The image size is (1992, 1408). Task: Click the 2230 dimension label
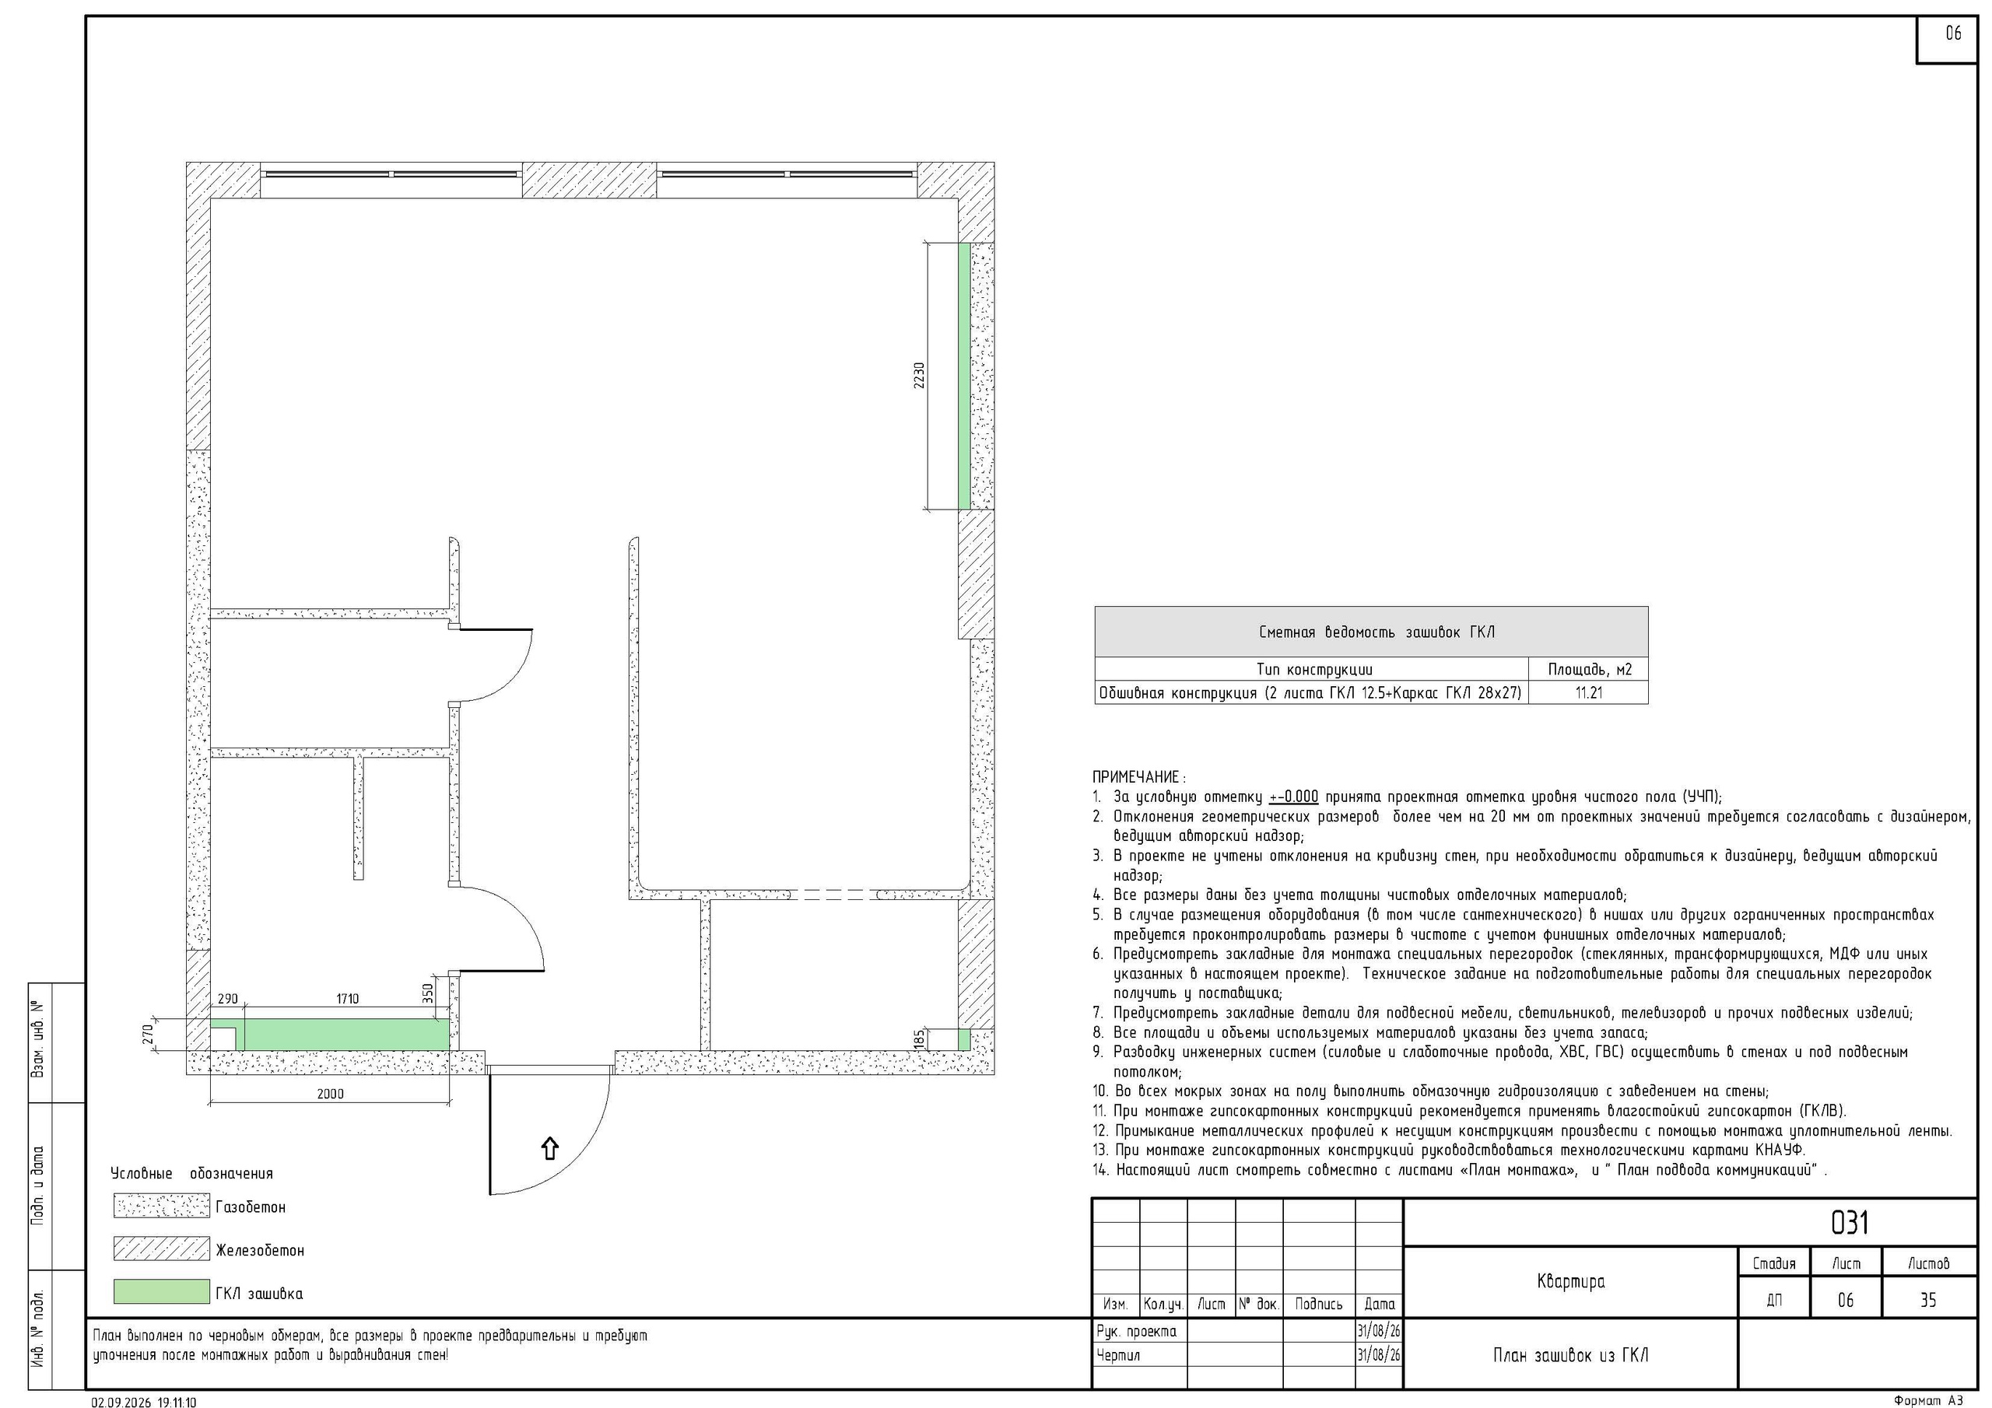919,375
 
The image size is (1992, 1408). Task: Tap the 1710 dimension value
347,1000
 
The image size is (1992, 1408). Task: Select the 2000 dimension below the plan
330,1094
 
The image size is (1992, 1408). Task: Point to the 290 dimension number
227,1000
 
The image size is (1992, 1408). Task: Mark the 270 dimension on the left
148,1034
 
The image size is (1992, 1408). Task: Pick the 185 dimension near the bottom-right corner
919,1039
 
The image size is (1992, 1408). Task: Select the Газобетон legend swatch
161,1206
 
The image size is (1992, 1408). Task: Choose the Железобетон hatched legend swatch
161,1249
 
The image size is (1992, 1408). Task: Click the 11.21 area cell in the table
1589,692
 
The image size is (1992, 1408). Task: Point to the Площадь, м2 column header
1590,669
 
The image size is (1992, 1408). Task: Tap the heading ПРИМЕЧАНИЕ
1138,776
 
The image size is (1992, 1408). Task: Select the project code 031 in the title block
1849,1222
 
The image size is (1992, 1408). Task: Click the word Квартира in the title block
1570,1281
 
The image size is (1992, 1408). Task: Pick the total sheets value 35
1927,1301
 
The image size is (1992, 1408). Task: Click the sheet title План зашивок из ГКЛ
1570,1355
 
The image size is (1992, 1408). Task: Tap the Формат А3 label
1927,1400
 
